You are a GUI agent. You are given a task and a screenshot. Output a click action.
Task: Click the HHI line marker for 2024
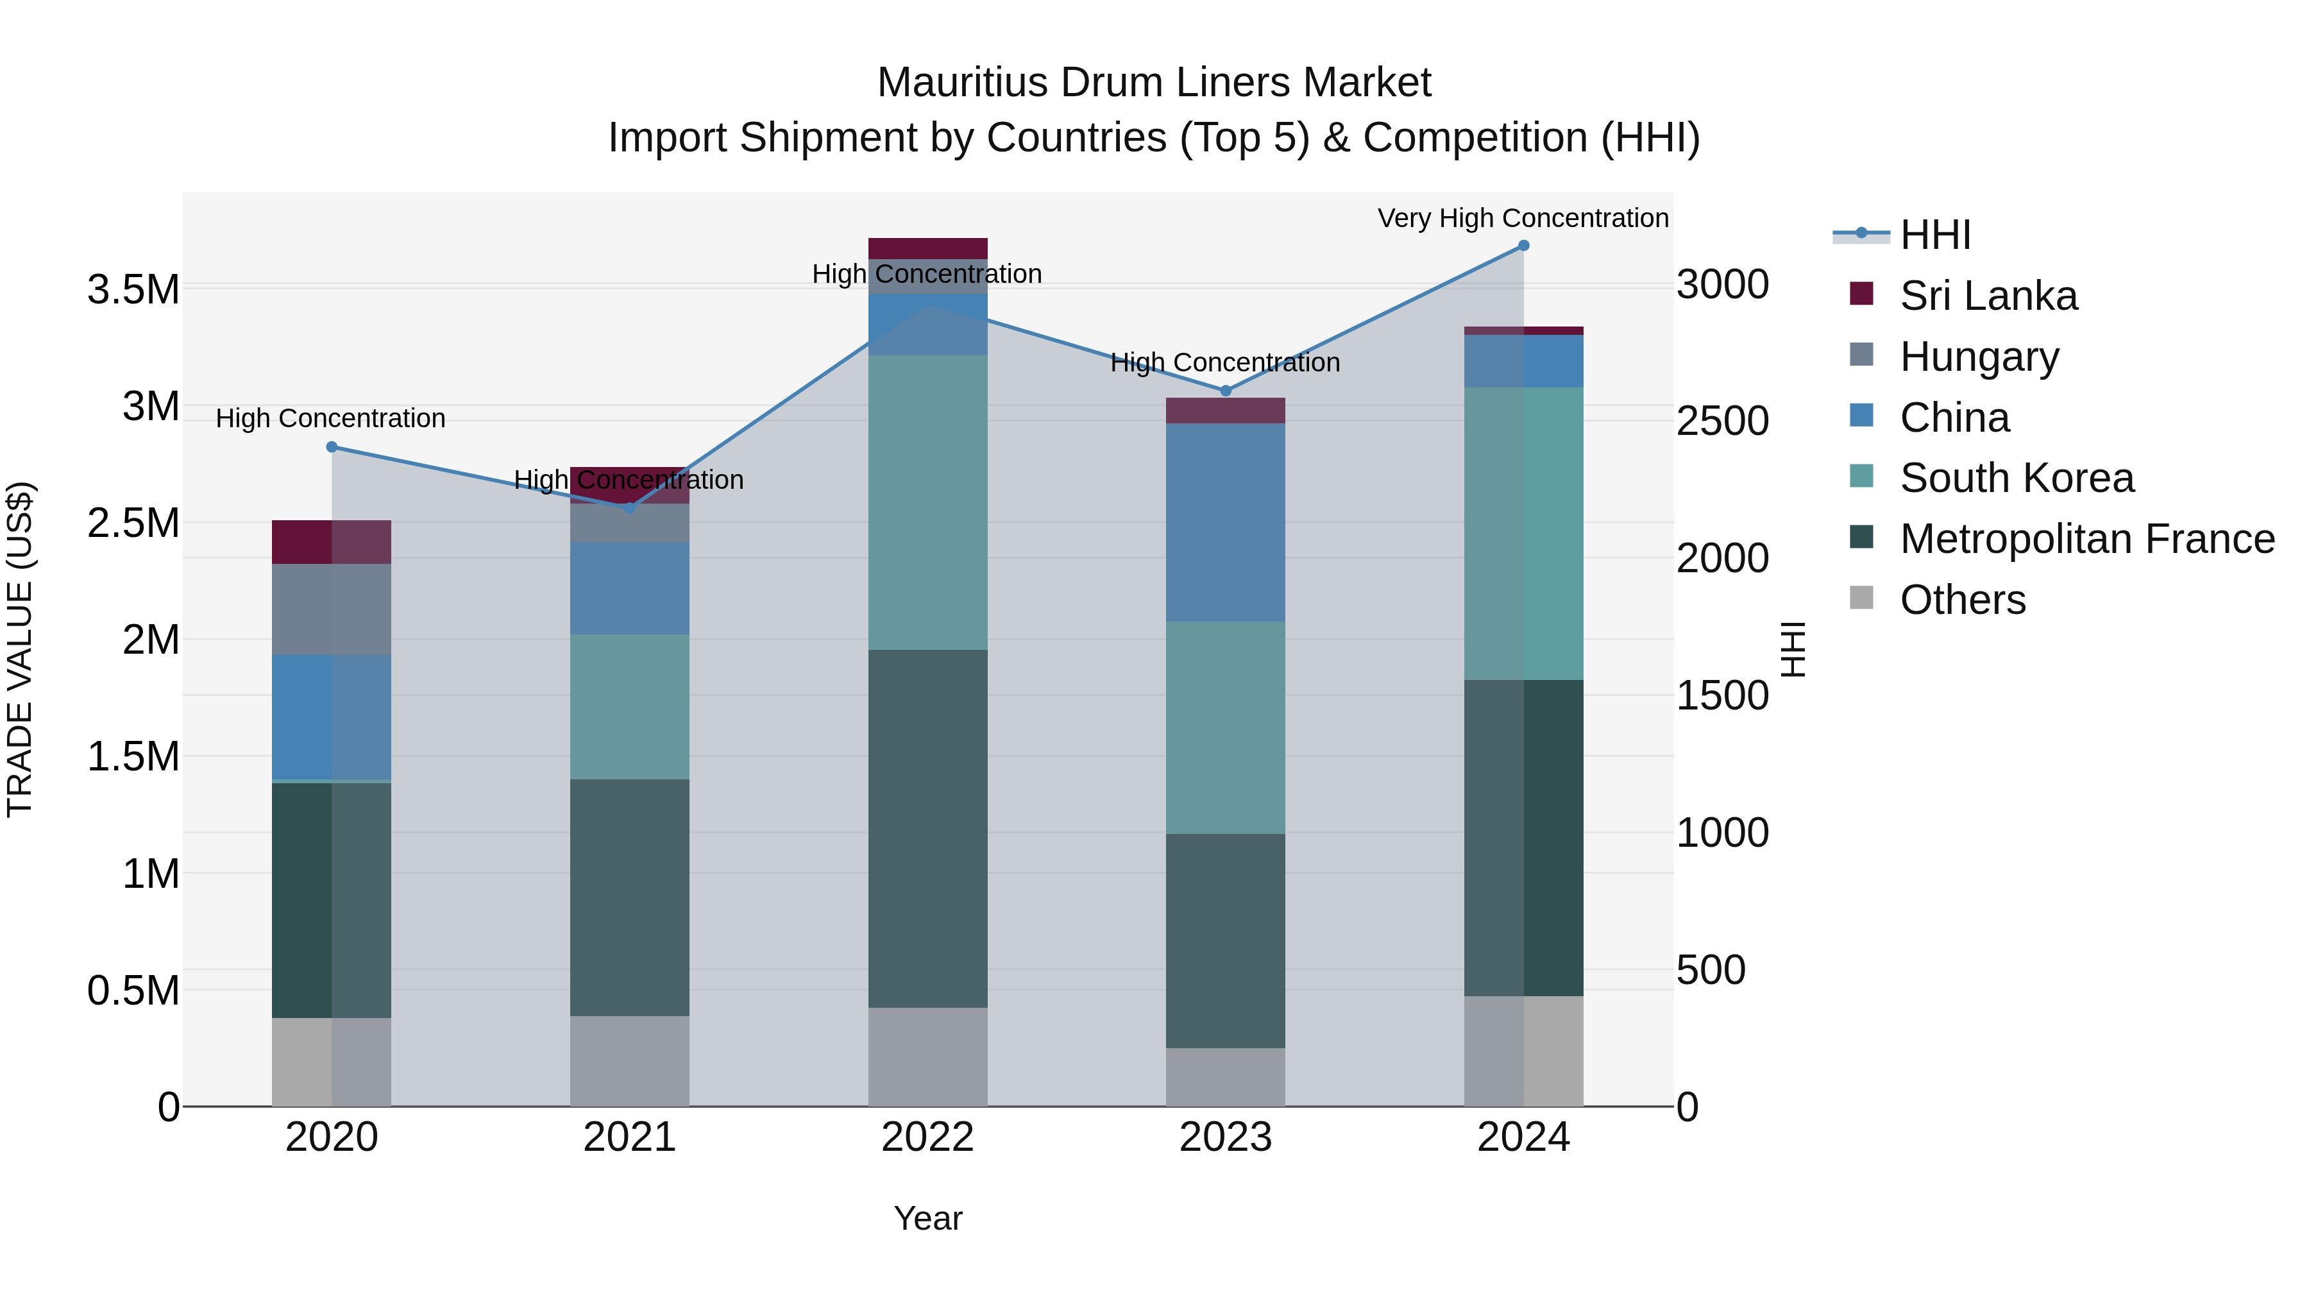1523,246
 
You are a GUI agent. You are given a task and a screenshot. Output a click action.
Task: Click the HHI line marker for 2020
332,446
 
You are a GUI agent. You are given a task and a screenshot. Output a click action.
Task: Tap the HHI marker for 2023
1225,391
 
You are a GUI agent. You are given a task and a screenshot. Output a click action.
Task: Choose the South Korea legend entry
2016,478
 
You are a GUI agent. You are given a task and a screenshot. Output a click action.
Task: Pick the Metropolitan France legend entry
2086,539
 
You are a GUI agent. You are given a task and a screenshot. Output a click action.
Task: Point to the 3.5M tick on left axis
133,289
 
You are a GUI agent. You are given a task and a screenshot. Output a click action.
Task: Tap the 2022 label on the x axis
927,1137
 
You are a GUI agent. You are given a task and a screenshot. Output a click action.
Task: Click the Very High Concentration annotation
1522,218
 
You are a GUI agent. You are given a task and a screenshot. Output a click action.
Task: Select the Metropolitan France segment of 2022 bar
927,829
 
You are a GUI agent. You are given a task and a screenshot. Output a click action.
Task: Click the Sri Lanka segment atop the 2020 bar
332,541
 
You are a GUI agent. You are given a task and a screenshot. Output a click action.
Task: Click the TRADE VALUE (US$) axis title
20,649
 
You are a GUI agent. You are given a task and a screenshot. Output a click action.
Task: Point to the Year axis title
927,1218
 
